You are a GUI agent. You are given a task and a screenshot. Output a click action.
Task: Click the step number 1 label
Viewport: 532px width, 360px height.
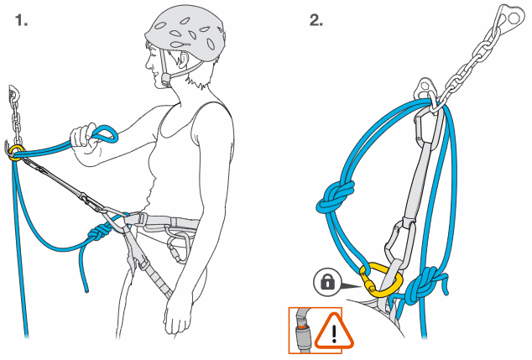[21, 21]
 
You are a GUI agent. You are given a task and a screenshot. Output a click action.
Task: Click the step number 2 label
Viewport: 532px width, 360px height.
[316, 21]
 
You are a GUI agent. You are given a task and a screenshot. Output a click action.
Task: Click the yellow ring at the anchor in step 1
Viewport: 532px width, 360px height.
[16, 153]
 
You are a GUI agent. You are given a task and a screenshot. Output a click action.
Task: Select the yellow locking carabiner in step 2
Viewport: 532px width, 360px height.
[381, 280]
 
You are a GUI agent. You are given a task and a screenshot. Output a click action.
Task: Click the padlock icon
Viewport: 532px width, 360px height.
[327, 282]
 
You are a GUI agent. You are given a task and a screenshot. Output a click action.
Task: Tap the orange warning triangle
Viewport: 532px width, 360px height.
[334, 331]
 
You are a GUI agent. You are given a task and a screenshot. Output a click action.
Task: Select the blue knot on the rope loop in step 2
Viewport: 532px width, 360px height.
[336, 198]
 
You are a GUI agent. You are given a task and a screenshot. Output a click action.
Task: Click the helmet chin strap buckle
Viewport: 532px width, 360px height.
[166, 80]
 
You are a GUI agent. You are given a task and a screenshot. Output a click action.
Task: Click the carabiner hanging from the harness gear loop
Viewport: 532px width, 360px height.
[178, 248]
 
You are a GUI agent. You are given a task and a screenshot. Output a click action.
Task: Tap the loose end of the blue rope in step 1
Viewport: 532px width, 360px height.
[86, 290]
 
